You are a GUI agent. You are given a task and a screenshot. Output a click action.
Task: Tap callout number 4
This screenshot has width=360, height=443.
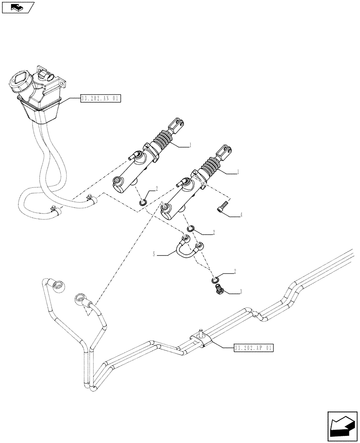pos(241,215)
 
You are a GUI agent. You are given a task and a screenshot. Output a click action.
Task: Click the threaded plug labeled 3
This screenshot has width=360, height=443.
pos(218,290)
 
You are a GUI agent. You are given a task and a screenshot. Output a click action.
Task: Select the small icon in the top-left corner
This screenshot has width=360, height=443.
pos(17,7)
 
